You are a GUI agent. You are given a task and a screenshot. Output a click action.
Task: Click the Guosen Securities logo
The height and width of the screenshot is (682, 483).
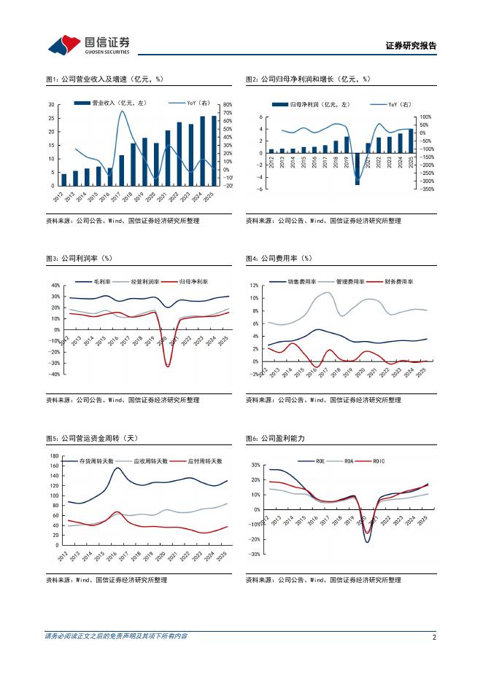88,45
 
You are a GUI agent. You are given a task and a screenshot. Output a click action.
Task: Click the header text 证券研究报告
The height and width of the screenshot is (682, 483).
410,46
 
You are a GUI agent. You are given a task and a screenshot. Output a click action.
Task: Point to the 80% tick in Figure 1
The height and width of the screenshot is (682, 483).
227,105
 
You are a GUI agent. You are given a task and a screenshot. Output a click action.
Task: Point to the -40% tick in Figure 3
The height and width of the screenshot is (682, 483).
55,375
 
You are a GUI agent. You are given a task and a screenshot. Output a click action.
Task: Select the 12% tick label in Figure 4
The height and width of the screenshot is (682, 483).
274,286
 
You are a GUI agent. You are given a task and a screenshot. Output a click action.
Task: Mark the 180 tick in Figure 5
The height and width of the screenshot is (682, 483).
53,456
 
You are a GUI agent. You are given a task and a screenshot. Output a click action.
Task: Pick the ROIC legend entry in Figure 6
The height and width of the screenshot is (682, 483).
378,461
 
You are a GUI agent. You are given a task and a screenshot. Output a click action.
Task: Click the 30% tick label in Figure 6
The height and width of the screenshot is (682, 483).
255,465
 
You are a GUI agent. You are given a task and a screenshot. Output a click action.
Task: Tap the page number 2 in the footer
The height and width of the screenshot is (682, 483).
434,637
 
